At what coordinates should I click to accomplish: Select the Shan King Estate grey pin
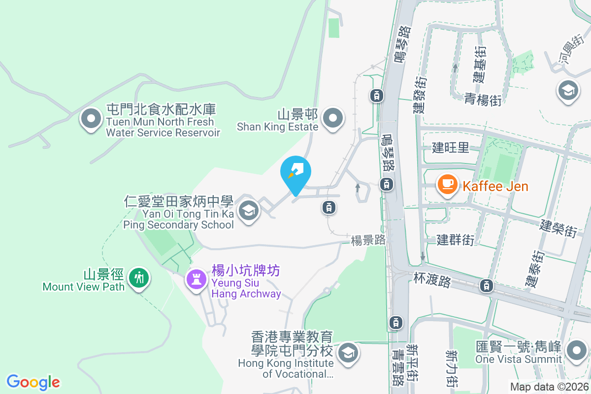pyautogui.click(x=333, y=118)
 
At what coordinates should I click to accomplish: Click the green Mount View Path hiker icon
pyautogui.click(x=139, y=278)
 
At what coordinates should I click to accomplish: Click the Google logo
pyautogui.click(x=33, y=382)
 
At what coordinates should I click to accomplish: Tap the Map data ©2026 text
pyautogui.click(x=549, y=387)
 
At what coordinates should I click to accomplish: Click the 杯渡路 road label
pyautogui.click(x=432, y=282)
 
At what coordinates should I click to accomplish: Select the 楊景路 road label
pyautogui.click(x=367, y=240)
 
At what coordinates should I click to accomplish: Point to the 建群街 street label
pyautogui.click(x=456, y=240)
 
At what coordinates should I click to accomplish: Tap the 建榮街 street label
pyautogui.click(x=558, y=228)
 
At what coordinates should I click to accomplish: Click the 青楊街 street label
pyautogui.click(x=483, y=100)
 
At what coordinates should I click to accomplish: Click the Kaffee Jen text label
pyautogui.click(x=495, y=187)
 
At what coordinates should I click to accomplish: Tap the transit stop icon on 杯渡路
pyautogui.click(x=487, y=285)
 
